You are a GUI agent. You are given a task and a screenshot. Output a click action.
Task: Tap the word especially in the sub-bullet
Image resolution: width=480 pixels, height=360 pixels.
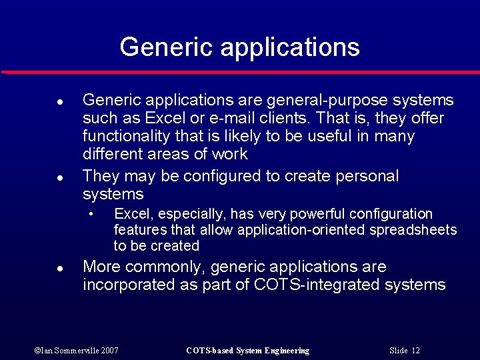[x=184, y=214]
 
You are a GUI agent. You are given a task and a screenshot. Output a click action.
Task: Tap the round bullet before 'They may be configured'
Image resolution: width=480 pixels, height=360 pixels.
[x=59, y=178]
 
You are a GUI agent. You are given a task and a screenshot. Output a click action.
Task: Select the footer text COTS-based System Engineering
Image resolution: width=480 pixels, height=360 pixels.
[x=247, y=351]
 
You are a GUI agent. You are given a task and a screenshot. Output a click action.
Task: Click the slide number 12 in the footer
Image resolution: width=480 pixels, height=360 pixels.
[x=416, y=351]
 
